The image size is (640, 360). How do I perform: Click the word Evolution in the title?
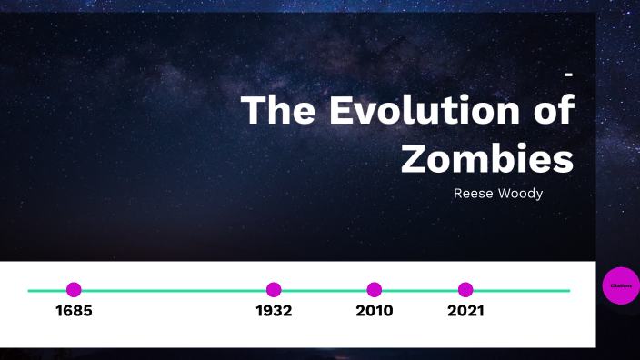click(420, 111)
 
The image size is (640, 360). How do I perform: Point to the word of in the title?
click(551, 111)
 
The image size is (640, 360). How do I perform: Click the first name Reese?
click(473, 194)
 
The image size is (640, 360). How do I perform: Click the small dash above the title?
click(568, 73)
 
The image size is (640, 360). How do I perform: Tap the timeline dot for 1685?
click(74, 290)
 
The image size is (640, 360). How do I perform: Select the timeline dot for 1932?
click(274, 290)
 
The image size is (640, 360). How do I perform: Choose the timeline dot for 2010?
click(375, 290)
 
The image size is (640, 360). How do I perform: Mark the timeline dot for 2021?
click(465, 290)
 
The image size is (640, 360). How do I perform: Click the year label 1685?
click(74, 311)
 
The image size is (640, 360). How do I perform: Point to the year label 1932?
click(274, 311)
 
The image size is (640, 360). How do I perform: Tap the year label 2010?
click(375, 311)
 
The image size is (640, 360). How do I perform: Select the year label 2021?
click(465, 311)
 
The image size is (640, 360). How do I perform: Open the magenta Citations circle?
click(622, 285)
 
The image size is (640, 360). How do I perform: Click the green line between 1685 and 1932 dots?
click(173, 290)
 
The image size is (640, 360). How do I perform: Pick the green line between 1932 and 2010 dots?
click(324, 290)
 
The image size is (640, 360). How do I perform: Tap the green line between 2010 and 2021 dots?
click(420, 290)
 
